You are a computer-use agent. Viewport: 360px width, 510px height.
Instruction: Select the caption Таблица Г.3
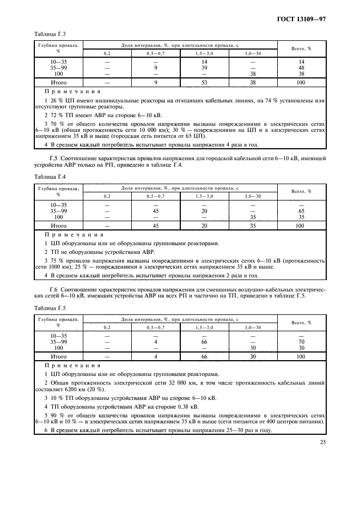[49, 34]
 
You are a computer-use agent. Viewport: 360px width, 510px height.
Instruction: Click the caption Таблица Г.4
[49, 177]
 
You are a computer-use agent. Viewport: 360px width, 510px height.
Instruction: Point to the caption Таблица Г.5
[49, 307]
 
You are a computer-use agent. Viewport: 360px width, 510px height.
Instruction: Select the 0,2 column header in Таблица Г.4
[107, 196]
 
